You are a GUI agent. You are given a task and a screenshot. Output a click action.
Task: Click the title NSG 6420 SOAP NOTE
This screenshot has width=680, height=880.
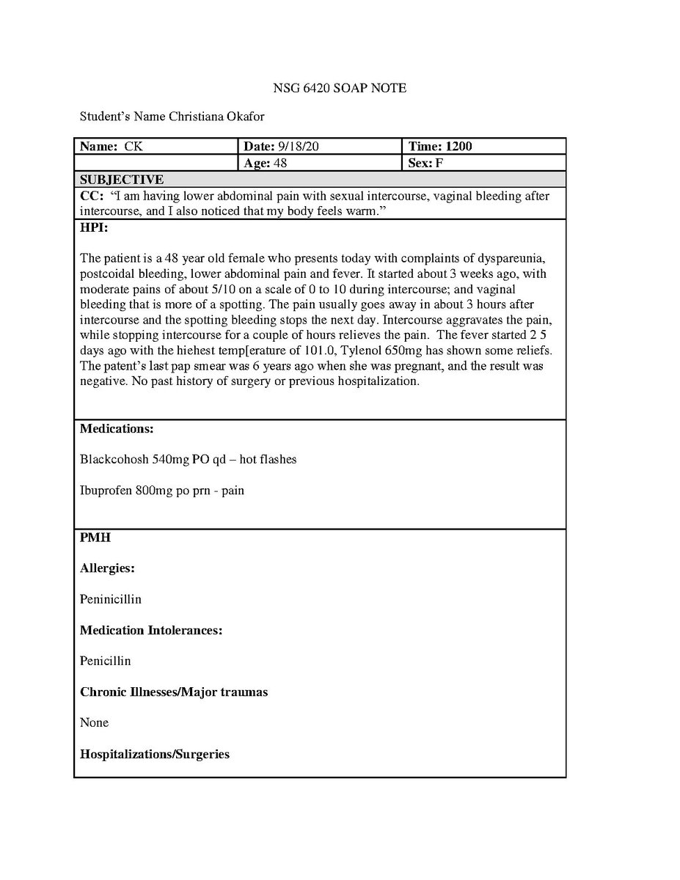click(x=340, y=89)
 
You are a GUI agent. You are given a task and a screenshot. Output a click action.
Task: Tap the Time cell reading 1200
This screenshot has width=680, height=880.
click(x=440, y=146)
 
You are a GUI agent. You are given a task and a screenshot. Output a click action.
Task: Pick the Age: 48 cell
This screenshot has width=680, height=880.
click(x=266, y=163)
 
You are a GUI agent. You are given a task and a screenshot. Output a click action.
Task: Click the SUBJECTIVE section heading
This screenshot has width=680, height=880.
click(x=122, y=180)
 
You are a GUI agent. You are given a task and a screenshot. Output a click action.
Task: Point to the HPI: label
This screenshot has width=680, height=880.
click(x=95, y=228)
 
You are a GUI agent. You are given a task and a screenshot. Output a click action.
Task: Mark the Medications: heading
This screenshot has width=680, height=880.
click(x=117, y=428)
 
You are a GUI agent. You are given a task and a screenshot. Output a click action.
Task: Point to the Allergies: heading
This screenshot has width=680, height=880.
click(x=107, y=568)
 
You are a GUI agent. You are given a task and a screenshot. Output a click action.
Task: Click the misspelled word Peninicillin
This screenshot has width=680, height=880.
click(x=111, y=599)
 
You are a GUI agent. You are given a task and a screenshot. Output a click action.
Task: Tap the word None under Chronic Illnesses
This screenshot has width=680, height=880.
click(x=94, y=722)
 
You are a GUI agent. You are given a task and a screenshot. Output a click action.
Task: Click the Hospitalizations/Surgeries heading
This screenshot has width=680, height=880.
click(x=155, y=753)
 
